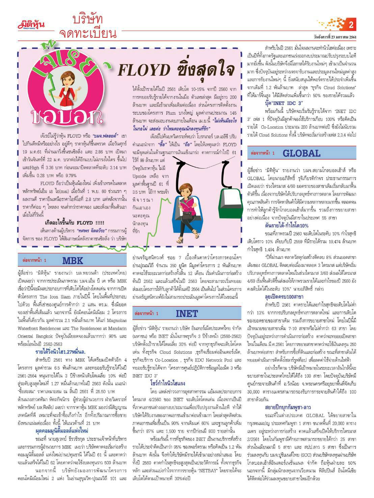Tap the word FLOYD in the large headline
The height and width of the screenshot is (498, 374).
tap(144, 70)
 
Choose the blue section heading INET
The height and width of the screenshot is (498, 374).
tap(187, 314)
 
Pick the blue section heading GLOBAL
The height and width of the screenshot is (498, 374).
tap(301, 153)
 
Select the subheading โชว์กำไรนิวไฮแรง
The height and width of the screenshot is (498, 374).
tap(168, 383)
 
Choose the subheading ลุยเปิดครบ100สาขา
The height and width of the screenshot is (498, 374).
tap(284, 297)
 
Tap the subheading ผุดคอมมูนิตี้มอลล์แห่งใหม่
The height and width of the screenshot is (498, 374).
tap(61, 431)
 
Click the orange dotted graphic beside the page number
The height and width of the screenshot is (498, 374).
tap(332, 24)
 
